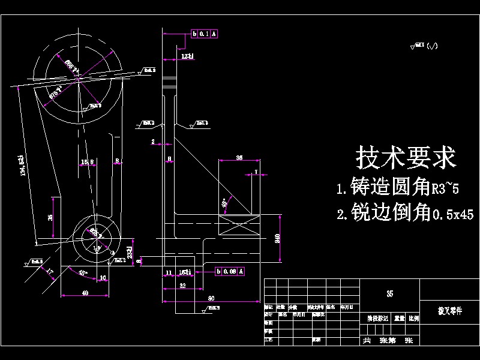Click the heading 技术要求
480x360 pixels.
pos(406,158)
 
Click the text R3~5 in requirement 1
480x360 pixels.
pos(445,190)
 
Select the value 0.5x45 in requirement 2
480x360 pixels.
pos(452,214)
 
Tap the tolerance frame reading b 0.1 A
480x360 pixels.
pos(205,34)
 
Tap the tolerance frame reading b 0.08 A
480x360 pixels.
pos(229,272)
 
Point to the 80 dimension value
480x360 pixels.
pos(211,298)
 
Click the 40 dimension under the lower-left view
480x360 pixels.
pos(85,293)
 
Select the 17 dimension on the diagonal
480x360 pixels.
pos(49,272)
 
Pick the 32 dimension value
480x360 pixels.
pos(181,287)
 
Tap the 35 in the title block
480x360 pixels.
pos(390,293)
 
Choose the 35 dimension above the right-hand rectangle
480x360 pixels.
pos(239,157)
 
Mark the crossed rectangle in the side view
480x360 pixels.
pos(239,228)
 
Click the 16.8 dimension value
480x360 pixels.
pos(88,162)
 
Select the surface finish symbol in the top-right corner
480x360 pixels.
pos(424,46)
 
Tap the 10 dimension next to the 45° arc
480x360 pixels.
pos(103,277)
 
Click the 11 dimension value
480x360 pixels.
pos(169,272)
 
